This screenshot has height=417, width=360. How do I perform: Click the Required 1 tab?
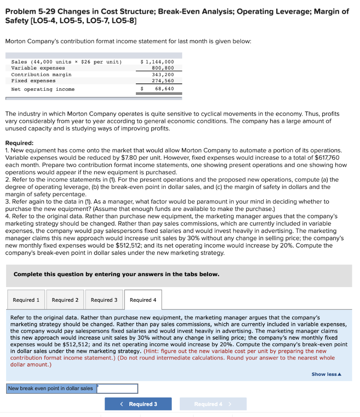[x=26, y=300]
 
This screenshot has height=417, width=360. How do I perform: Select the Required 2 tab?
[x=65, y=300]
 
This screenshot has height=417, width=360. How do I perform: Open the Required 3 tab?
[x=104, y=300]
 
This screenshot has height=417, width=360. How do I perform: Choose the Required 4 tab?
[x=143, y=300]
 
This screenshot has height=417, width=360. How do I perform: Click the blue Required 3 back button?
[x=138, y=404]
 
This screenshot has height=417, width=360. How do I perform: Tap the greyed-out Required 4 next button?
[x=213, y=404]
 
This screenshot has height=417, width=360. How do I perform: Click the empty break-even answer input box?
[x=117, y=388]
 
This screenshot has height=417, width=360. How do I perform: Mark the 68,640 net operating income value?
[x=164, y=89]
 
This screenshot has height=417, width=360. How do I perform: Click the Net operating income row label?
[x=43, y=89]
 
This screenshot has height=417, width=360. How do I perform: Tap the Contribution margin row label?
[x=41, y=75]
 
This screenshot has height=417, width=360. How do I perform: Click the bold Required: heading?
[x=20, y=143]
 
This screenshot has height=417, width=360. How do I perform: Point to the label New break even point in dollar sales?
[x=50, y=388]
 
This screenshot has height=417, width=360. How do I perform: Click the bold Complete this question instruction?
[x=116, y=274]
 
